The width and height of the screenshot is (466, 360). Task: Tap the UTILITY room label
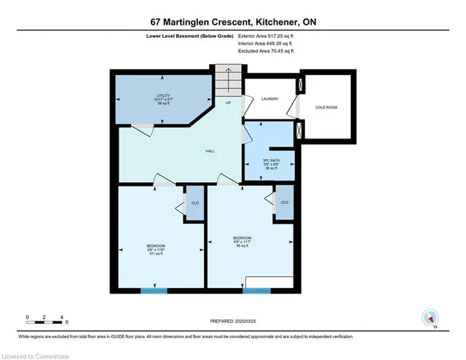(x=163, y=96)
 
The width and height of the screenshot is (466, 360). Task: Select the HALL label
(x=209, y=150)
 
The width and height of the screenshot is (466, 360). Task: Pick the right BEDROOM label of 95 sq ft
(x=242, y=238)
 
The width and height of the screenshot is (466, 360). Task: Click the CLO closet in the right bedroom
(x=284, y=203)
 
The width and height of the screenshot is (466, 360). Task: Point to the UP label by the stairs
(x=229, y=103)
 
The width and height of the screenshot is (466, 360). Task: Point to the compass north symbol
(x=430, y=317)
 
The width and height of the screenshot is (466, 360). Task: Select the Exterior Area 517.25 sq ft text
(x=266, y=34)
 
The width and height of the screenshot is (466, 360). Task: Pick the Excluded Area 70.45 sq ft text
(x=266, y=52)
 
